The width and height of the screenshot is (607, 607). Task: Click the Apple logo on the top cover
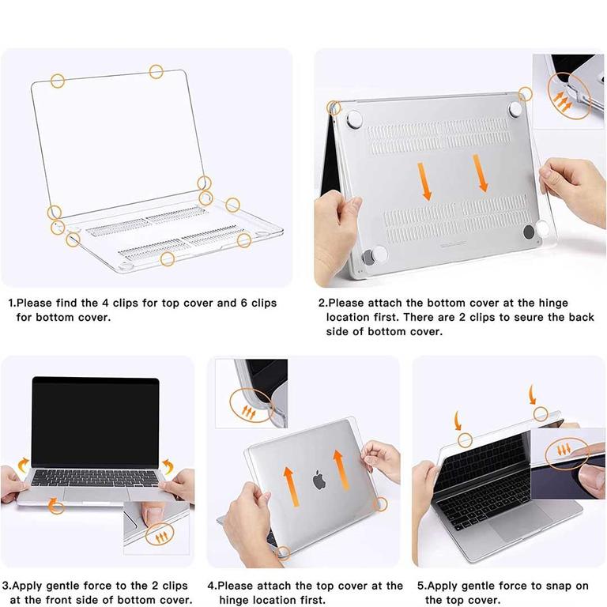[x=319, y=480]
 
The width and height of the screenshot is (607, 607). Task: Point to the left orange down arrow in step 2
[x=424, y=181]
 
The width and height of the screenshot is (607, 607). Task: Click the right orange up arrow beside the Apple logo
[x=341, y=469]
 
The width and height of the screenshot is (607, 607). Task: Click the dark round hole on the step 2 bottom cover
[x=529, y=232]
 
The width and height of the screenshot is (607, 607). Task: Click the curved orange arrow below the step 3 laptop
[x=56, y=505]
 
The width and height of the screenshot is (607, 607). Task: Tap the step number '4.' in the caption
[x=212, y=586]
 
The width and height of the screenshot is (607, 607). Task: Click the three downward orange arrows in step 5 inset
[x=564, y=450]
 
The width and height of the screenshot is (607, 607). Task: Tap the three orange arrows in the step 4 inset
[x=249, y=412]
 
